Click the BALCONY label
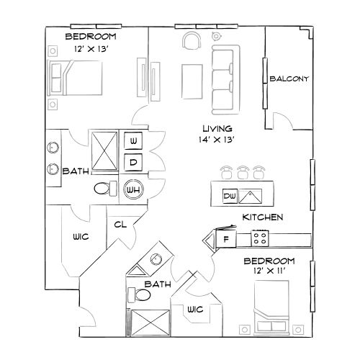[289, 78]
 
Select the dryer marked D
[133, 163]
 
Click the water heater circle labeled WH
[132, 189]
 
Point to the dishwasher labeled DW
[230, 196]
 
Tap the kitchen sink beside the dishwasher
[251, 195]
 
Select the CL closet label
[120, 224]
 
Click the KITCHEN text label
[262, 217]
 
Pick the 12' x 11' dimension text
[269, 271]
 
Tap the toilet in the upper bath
[104, 189]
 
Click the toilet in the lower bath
[136, 295]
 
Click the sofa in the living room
[225, 79]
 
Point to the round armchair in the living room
[191, 41]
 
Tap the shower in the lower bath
[150, 321]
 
